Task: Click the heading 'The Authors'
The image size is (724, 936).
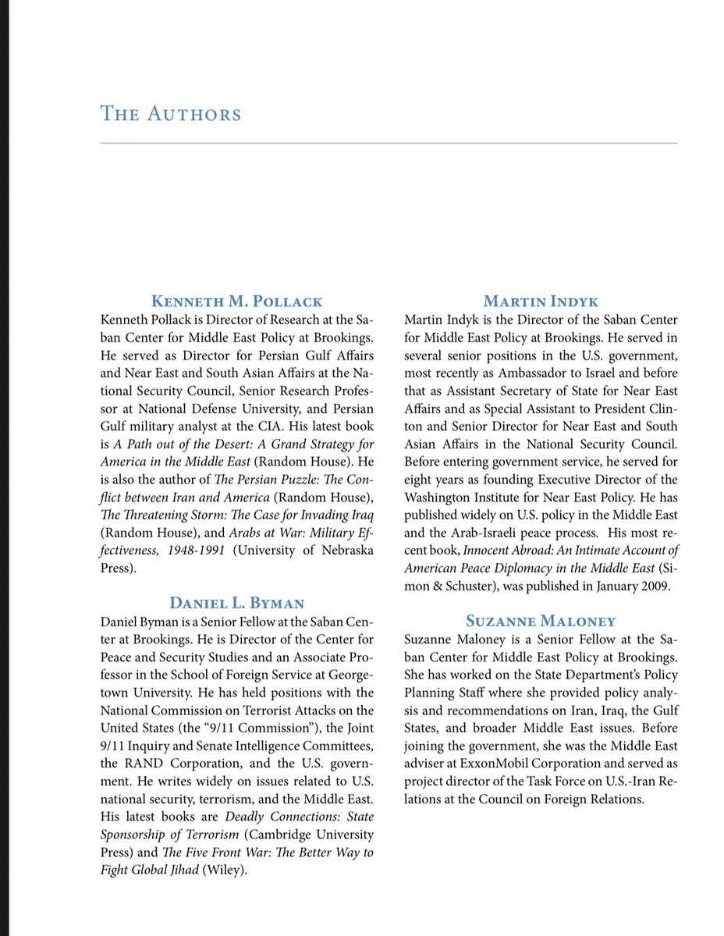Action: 171,114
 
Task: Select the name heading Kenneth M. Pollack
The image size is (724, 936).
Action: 236,301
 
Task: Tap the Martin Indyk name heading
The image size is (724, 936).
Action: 541,301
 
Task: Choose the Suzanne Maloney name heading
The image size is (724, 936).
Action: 541,621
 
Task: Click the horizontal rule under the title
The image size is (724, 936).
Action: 389,143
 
